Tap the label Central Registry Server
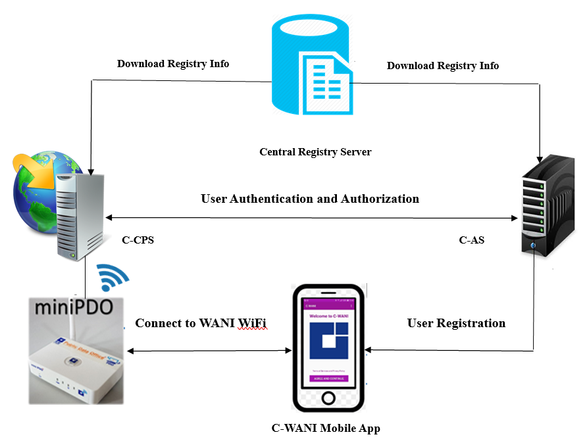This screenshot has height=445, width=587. tap(315, 152)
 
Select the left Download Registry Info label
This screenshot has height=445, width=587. tap(173, 64)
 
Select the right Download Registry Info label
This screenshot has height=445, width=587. tap(442, 66)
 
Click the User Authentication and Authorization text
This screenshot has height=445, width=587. tap(309, 198)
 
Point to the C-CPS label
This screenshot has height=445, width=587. tap(138, 240)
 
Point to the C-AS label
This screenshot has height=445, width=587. tap(471, 240)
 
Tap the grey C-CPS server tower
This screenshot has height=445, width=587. tap(80, 214)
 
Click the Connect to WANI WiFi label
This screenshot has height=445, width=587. tap(201, 323)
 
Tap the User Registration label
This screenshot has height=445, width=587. tap(456, 323)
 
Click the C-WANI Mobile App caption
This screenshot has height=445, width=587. tap(326, 429)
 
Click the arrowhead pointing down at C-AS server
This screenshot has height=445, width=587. tap(540, 159)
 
